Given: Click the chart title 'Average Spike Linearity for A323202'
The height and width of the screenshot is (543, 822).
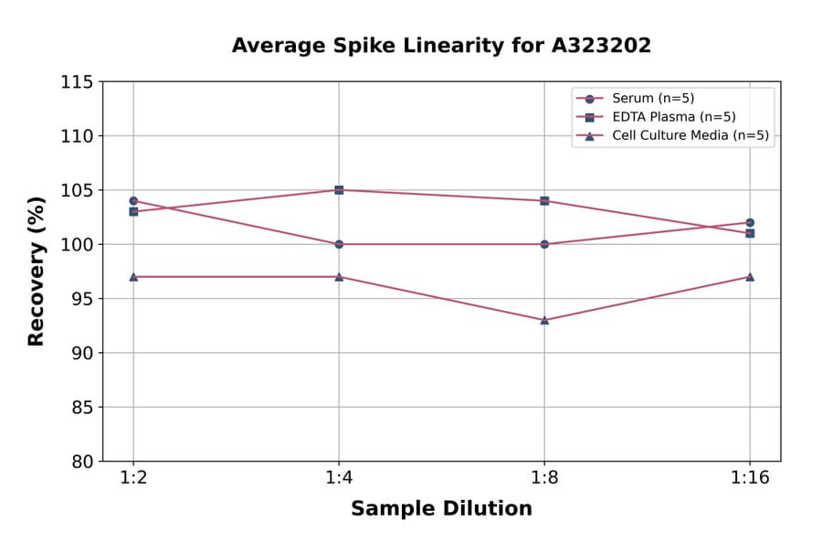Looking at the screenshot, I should click(441, 46).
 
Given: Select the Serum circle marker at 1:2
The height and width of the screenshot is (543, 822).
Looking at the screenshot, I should click(133, 201).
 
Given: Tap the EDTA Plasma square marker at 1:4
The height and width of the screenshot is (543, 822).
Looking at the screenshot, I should click(339, 190).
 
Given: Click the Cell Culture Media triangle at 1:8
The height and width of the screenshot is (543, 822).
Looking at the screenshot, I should click(544, 320).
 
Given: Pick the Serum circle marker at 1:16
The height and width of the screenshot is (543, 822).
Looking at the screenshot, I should click(750, 222).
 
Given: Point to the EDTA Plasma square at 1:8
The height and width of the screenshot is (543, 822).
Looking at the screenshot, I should click(544, 201).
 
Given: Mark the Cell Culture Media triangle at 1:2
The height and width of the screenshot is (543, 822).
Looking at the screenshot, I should click(133, 276).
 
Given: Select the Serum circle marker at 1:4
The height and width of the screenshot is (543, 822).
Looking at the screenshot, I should click(339, 244).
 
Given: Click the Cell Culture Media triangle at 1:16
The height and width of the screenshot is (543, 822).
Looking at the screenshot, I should click(750, 276).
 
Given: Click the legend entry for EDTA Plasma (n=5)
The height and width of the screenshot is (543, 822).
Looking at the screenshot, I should click(673, 117).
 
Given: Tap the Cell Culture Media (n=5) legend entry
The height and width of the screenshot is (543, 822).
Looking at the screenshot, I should click(690, 136).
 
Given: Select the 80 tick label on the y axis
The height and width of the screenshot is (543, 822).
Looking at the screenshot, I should click(80, 462).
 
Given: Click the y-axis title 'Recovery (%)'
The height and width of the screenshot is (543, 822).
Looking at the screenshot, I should click(37, 271).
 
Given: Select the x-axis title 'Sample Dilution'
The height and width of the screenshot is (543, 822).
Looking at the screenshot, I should click(441, 509).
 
